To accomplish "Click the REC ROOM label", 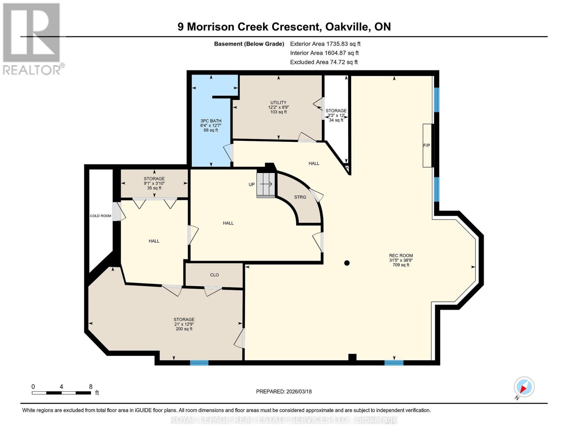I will [401, 256].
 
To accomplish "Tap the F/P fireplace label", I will [426, 146].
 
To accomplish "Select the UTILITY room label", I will [278, 103].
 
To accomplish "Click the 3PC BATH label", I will [211, 121].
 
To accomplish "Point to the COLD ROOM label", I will [101, 216].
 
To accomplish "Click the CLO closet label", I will [214, 275].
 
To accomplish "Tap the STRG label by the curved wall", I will [300, 197].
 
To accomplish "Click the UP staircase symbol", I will [266, 184].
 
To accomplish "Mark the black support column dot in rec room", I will [347, 263].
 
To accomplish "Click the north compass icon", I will [524, 387].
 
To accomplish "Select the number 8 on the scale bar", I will [91, 387].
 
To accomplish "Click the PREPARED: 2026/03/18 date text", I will [284, 391].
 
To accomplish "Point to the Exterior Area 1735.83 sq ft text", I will [325, 44].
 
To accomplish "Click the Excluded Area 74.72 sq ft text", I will [324, 62].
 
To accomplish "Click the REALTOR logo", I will [32, 38].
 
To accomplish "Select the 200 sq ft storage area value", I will [184, 329].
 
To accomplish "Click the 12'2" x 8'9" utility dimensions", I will [278, 108].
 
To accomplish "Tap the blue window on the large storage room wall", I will [199, 363].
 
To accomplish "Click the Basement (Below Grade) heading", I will [249, 44].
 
